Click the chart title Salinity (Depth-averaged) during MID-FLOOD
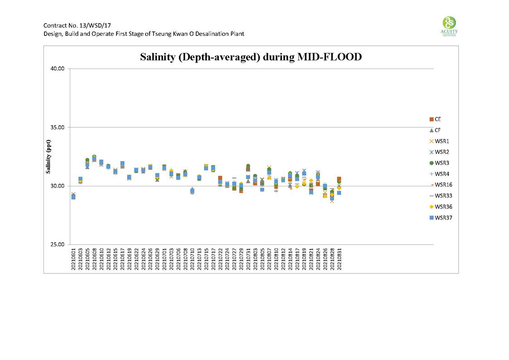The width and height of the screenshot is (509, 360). coord(251,57)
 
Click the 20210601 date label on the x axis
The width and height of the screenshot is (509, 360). coord(73,258)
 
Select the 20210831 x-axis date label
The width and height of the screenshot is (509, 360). coord(339,258)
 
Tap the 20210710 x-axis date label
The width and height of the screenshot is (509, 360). coord(192,258)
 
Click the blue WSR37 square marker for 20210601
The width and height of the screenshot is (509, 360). coord(73,197)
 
